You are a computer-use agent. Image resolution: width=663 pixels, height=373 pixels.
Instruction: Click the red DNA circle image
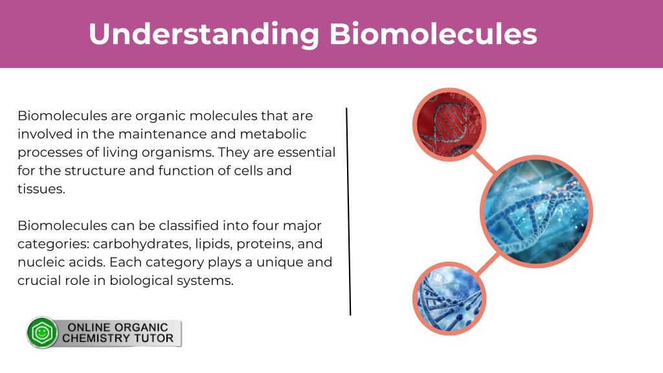pos(449,125)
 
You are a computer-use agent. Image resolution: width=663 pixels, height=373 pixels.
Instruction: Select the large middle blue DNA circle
pos(536,212)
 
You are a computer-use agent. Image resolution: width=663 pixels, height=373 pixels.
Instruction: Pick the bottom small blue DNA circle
pos(449,299)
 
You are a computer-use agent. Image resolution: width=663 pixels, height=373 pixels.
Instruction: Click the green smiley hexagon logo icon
pos(42,332)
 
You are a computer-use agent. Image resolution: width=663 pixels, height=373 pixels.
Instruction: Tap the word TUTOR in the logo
pos(153,338)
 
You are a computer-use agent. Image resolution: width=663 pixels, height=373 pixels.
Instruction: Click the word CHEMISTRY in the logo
pos(96,338)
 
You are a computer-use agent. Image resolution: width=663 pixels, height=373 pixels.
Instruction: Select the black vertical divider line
pos(348,212)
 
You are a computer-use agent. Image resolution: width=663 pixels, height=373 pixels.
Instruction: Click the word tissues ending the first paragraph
pos(41,189)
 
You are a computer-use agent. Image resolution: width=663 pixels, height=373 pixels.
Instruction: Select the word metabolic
pos(273,134)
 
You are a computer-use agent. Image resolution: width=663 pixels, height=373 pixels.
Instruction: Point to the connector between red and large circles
pos(484,162)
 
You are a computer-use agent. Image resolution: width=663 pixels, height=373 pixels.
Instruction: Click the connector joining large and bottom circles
pos(488,264)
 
